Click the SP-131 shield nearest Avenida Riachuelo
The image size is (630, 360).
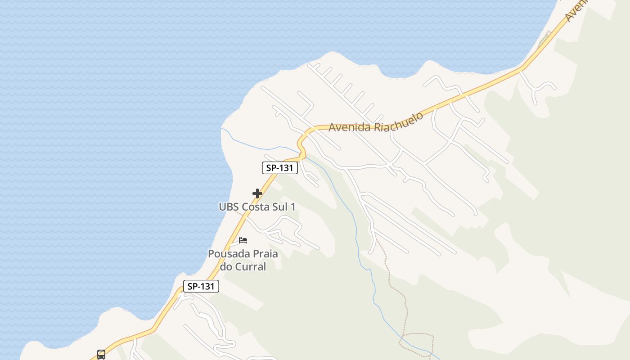[280, 168]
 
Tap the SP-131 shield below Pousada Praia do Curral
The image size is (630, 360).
[201, 286]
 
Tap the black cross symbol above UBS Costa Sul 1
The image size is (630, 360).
[257, 193]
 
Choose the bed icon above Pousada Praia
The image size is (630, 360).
[243, 240]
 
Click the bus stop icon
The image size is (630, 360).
[101, 354]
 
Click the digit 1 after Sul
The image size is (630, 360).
[293, 207]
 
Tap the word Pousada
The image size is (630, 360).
[225, 254]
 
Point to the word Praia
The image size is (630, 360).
[262, 254]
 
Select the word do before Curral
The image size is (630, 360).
[226, 266]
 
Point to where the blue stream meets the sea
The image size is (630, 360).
[221, 129]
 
